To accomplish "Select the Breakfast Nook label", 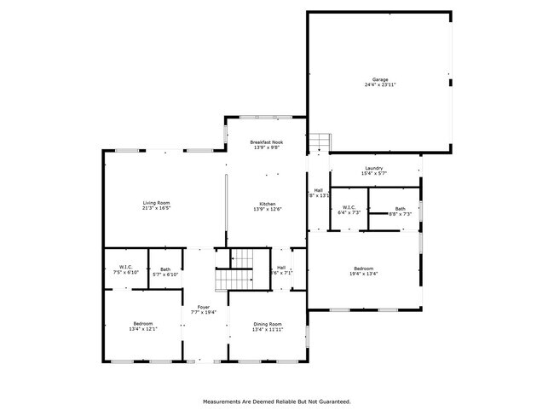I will [267, 142].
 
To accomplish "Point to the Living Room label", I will [156, 202].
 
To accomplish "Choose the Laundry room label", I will [373, 168].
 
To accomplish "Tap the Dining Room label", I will [268, 324].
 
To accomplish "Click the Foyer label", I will [204, 307].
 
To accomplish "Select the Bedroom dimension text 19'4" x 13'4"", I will [364, 274].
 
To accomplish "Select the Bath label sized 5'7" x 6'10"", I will [164, 269].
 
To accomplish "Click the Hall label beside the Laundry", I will [318, 190].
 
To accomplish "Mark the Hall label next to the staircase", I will [281, 268].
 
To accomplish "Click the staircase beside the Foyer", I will [234, 270].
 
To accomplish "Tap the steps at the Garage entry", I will [318, 142].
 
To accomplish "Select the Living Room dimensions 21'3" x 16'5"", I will [156, 207].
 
